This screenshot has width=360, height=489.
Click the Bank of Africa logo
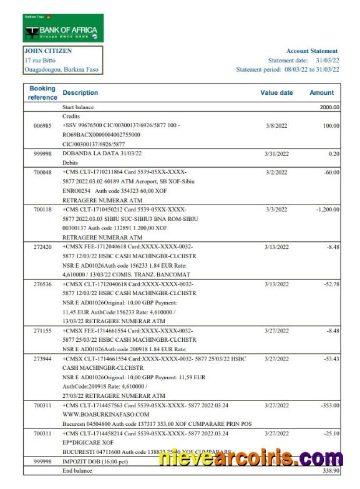tap(63, 28)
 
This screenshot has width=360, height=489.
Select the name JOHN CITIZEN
tap(48, 51)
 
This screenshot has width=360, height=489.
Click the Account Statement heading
tap(312, 51)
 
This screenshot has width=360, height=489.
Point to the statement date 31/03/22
tap(327, 61)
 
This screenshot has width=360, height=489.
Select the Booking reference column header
tap(42, 93)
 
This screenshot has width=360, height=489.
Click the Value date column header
tap(276, 93)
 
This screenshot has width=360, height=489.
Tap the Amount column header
tap(321, 93)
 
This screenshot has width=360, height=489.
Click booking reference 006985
tap(42, 125)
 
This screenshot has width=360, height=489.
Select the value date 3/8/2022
tap(276, 125)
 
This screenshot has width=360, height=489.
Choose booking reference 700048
tap(42, 172)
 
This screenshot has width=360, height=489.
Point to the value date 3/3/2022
tap(276, 210)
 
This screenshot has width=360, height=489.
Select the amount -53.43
tap(329, 359)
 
